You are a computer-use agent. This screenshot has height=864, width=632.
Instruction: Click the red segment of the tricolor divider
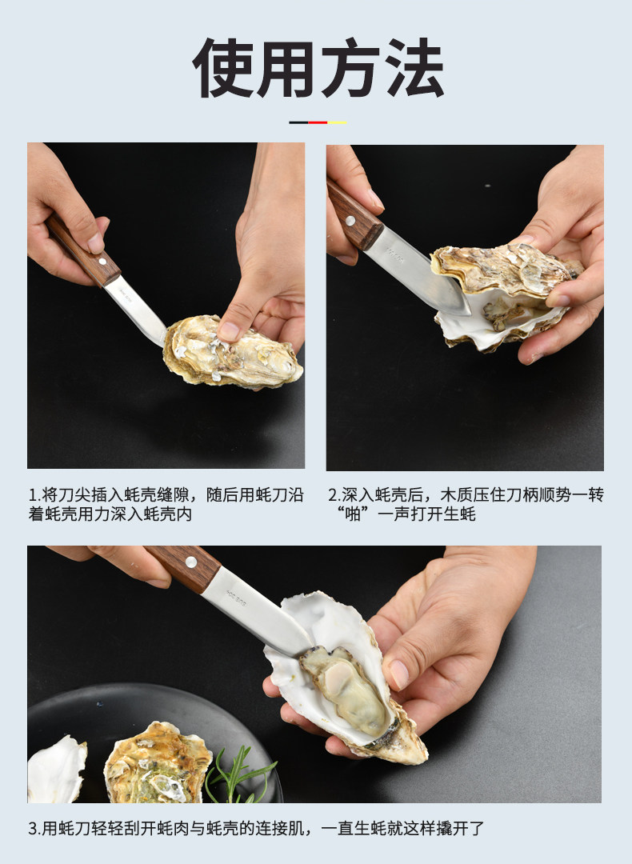[x=318, y=122]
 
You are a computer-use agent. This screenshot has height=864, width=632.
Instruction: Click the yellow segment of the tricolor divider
[x=338, y=122]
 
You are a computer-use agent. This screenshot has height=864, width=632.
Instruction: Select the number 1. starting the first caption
[x=35, y=495]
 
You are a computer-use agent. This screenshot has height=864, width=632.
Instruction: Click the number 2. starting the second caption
[x=334, y=495]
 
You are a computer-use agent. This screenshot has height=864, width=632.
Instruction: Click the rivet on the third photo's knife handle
[x=191, y=562]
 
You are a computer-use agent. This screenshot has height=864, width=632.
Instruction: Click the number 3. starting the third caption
[x=35, y=828]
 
